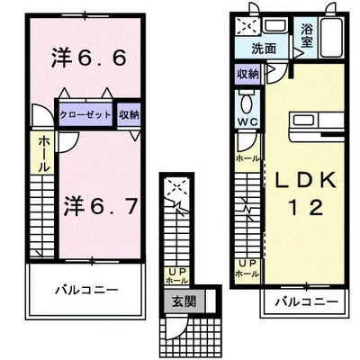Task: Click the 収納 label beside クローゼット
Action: point(130,114)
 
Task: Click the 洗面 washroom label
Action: point(264,49)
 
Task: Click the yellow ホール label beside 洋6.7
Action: point(42,154)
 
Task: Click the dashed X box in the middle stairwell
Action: point(175,190)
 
